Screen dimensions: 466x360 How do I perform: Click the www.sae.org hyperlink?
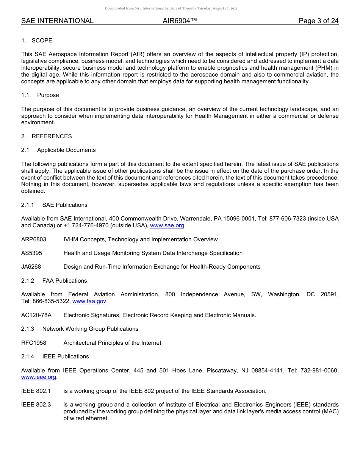click(x=167, y=226)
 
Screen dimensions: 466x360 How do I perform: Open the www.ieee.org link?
click(x=39, y=377)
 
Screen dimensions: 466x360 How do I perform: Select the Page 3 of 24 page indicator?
click(x=318, y=21)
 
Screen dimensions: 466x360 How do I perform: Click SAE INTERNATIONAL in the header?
click(x=57, y=21)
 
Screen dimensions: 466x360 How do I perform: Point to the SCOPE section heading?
click(x=42, y=41)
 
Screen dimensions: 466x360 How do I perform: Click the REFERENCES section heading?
click(x=52, y=136)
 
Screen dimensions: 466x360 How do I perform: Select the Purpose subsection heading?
click(x=48, y=95)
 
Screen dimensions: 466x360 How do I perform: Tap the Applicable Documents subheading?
click(x=66, y=150)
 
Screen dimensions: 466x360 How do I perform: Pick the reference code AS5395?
click(x=31, y=253)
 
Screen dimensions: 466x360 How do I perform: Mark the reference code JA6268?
click(x=31, y=267)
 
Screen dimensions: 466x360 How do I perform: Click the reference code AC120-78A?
click(x=36, y=315)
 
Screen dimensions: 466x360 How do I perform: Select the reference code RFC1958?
click(x=34, y=343)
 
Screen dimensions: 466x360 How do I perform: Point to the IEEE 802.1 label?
click(x=36, y=391)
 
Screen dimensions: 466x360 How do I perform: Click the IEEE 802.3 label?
click(x=36, y=405)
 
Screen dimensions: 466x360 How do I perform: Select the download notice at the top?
click(x=171, y=8)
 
